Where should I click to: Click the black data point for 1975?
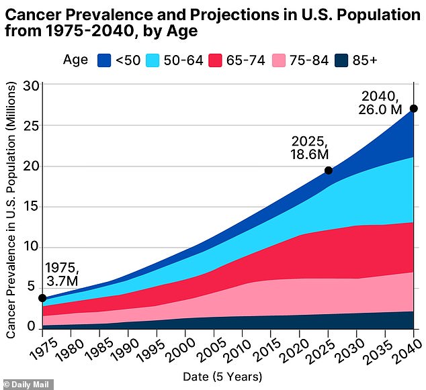tap(42, 298)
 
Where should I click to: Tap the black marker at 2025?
tap(329, 170)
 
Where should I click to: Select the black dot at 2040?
tap(414, 109)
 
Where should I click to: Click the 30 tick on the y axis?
tap(30, 85)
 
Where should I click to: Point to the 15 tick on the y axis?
tap(30, 207)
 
